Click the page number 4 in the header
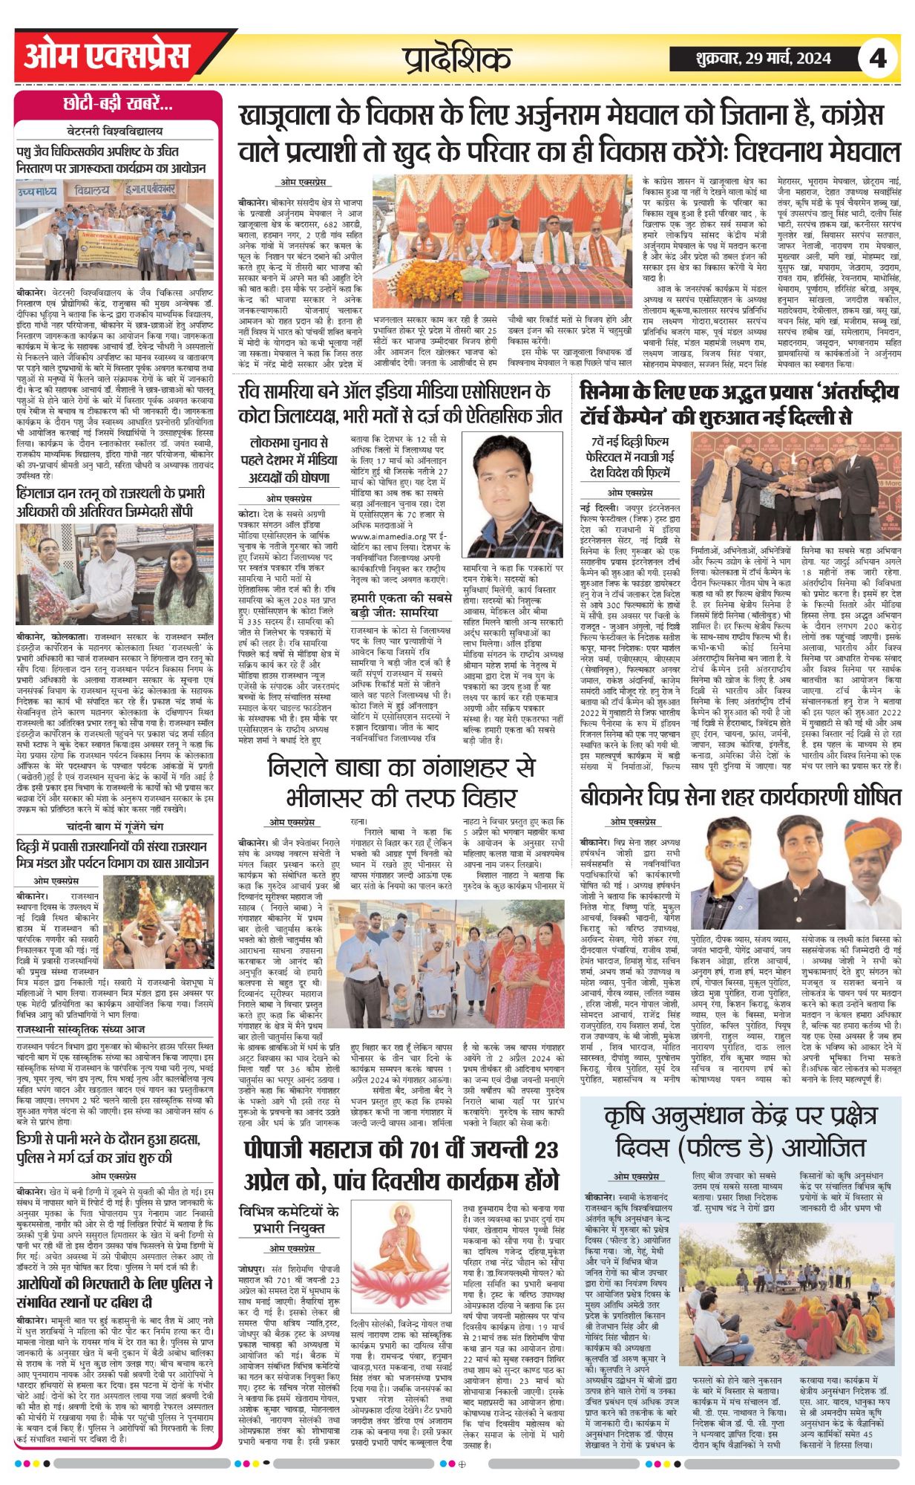click(878, 57)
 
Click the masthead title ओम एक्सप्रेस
click(107, 56)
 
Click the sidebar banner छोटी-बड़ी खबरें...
click(119, 105)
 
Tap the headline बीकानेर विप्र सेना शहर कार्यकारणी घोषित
click(740, 795)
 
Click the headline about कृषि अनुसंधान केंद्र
click(740, 1129)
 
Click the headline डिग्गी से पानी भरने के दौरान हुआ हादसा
click(109, 1148)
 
